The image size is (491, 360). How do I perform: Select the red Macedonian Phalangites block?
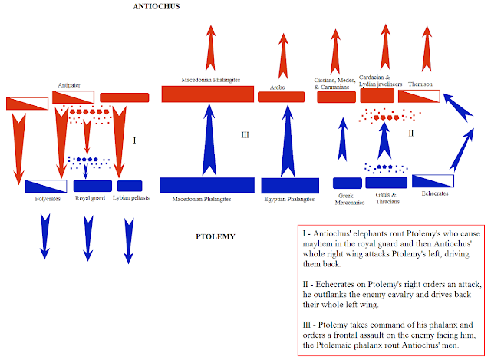(207, 94)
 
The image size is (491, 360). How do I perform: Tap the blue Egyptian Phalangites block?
(290, 185)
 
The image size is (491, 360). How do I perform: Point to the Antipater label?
(70, 84)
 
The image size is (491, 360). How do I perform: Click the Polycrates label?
(48, 198)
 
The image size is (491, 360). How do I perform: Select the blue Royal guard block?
(92, 186)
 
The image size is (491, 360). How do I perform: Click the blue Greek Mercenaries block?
(347, 183)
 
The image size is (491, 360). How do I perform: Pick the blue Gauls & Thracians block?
(386, 183)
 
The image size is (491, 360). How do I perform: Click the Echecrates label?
(435, 194)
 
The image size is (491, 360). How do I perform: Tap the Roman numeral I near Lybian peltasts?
(134, 140)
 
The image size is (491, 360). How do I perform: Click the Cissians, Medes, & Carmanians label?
(334, 83)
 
